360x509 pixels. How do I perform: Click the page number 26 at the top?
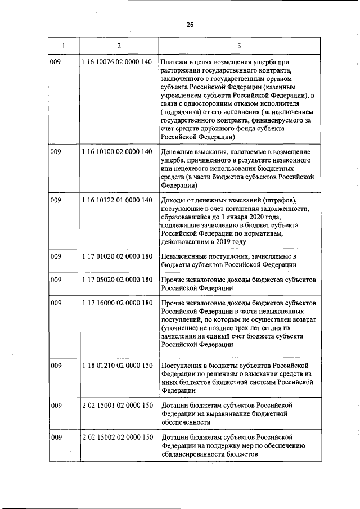point(190,25)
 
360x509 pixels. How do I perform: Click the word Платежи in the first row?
point(174,61)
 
